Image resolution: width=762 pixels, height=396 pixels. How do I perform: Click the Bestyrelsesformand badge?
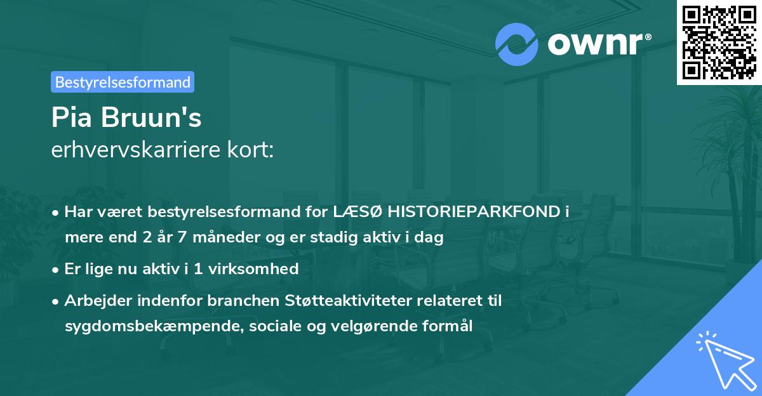(x=123, y=82)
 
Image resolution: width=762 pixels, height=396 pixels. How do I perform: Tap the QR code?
(x=719, y=43)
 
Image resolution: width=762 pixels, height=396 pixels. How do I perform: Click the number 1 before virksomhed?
(x=198, y=268)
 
